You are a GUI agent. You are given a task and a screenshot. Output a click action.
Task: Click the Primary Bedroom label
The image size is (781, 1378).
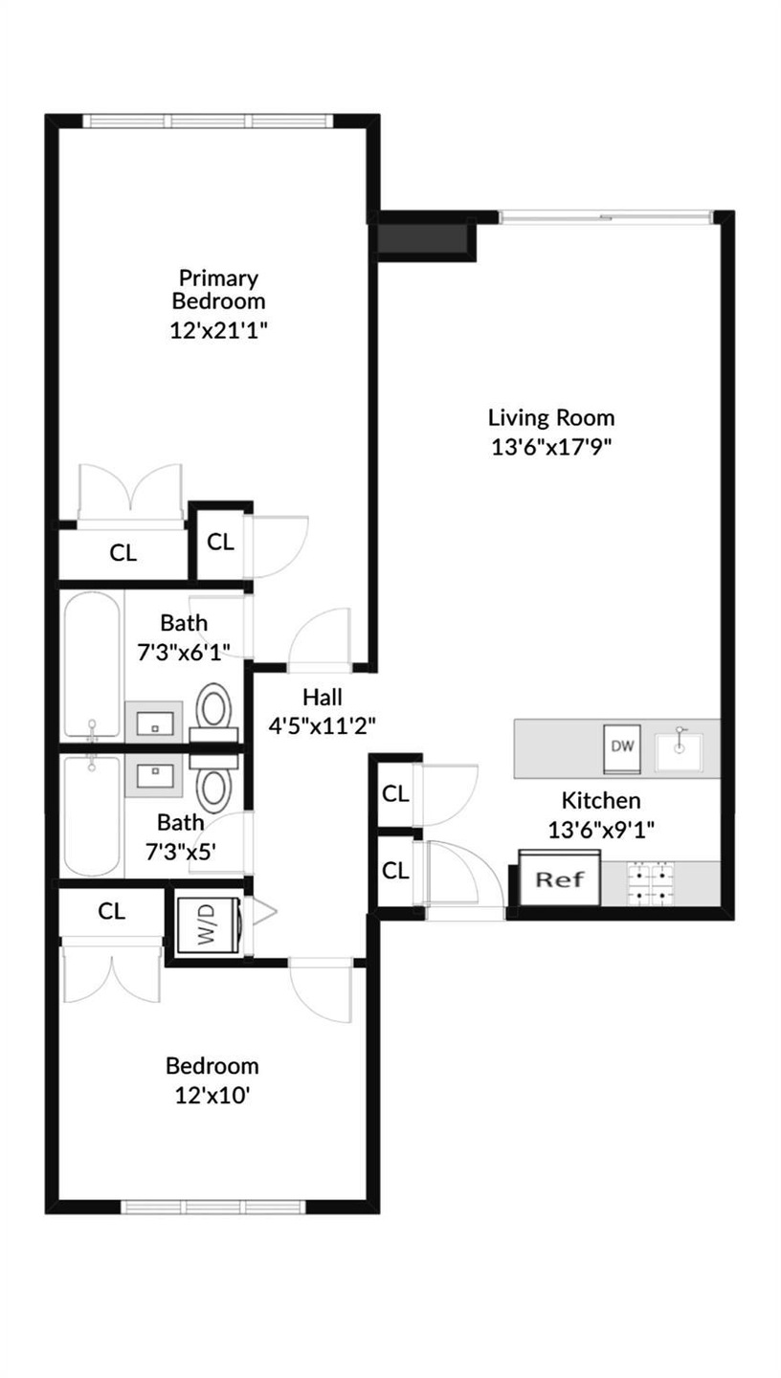(x=218, y=289)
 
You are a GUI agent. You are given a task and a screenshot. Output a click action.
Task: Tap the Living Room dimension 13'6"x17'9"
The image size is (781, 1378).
(x=551, y=447)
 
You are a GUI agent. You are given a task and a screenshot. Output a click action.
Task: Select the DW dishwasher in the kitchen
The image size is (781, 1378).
(x=623, y=747)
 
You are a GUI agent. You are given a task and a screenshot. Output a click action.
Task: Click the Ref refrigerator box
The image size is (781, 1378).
(x=559, y=878)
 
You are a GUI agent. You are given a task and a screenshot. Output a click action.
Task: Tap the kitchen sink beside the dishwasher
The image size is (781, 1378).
(x=680, y=747)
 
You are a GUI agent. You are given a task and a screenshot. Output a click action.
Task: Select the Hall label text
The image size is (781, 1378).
(x=322, y=697)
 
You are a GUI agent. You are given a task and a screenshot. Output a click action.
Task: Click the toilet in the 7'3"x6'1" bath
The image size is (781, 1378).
(x=213, y=708)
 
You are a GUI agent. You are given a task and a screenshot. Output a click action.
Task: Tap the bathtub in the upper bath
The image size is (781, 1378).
(x=92, y=665)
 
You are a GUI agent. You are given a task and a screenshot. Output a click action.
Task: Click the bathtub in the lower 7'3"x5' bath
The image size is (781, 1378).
(x=92, y=813)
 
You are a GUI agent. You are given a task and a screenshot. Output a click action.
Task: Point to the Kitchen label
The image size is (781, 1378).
(x=601, y=800)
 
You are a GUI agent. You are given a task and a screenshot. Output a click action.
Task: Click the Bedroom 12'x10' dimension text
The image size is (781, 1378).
(x=212, y=1095)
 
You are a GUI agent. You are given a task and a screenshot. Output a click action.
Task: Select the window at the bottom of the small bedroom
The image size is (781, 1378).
(x=212, y=1206)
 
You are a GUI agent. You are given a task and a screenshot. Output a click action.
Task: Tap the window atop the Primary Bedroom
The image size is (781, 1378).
(x=207, y=121)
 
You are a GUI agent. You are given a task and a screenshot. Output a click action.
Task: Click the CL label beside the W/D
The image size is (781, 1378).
(x=112, y=912)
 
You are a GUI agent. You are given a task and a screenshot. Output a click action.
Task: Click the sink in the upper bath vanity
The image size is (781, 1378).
(x=154, y=723)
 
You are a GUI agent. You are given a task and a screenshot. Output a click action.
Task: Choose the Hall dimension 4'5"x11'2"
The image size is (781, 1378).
(x=322, y=725)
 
